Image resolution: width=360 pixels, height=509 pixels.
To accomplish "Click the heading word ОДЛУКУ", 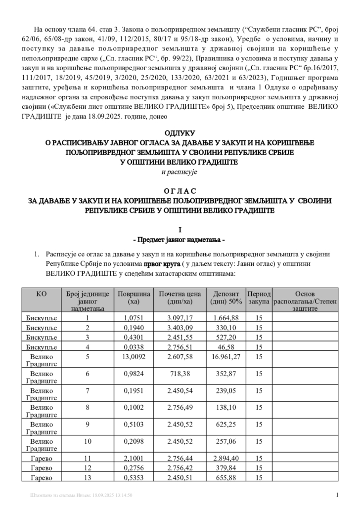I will click(180, 133).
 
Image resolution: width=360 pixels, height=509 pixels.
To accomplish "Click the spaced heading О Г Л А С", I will click(180, 191).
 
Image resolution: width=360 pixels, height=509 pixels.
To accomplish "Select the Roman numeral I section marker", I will click(180, 230).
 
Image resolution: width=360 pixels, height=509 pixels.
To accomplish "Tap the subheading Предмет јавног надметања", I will click(180, 240).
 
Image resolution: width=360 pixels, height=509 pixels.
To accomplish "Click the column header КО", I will click(42, 294).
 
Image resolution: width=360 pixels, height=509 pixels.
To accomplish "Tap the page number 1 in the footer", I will click(336, 495).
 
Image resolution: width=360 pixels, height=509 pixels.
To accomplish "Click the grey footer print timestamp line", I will click(82, 495).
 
